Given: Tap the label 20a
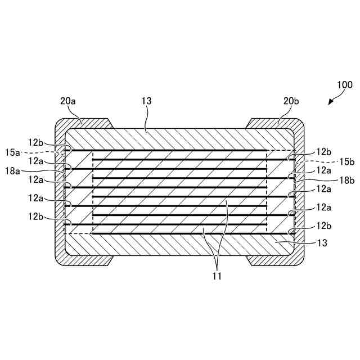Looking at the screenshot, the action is tap(68, 101).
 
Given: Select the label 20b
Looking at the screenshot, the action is tap(291, 101).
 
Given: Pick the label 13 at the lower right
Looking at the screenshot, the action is tap(323, 243).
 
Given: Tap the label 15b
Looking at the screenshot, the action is tap(347, 161).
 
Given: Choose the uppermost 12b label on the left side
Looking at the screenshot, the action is tap(36, 143).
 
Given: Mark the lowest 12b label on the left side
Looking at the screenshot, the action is tap(36, 216).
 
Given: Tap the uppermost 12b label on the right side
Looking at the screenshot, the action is tap(323, 151).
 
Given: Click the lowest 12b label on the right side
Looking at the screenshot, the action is tap(323, 225).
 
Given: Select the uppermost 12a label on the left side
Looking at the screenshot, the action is tap(36, 161).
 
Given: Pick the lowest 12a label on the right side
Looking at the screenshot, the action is tap(323, 207).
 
